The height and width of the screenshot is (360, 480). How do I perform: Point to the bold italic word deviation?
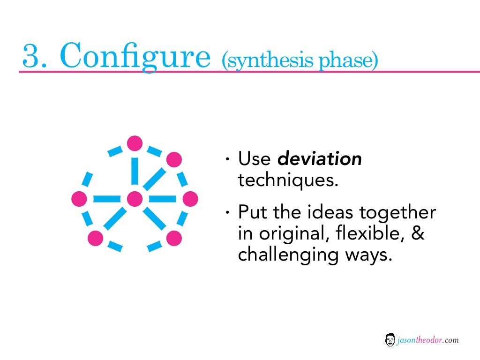(320, 159)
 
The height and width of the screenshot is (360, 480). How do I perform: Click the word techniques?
(288, 180)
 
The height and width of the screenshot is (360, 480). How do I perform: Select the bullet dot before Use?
(227, 160)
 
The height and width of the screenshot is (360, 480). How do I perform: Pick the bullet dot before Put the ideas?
(227, 213)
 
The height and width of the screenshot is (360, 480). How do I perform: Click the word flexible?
(364, 233)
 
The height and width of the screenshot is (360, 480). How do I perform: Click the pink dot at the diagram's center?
(135, 199)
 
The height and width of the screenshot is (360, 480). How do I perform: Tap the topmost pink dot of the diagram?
(135, 143)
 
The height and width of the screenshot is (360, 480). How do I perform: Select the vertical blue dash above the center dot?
(135, 171)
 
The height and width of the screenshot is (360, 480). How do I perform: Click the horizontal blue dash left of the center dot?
(107, 199)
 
